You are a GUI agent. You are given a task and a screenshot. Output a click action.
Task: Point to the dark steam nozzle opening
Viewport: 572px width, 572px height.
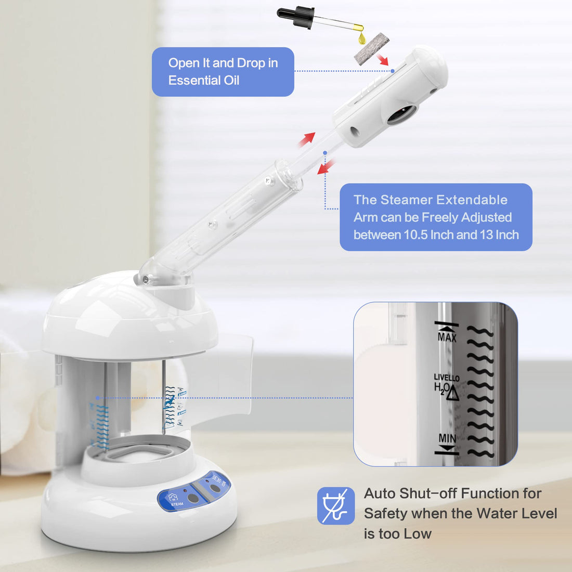click(402, 114)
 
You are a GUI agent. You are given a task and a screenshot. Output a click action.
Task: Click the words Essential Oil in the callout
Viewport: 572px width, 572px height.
click(204, 81)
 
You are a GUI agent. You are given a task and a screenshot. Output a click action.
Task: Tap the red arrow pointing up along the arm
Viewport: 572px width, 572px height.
click(307, 139)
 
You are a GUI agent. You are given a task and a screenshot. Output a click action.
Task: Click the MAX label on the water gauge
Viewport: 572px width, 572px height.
click(447, 337)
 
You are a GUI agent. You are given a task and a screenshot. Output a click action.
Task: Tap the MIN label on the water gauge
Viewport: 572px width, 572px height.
click(447, 438)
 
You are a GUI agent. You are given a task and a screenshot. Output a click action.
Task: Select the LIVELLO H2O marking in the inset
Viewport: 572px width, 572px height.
click(446, 384)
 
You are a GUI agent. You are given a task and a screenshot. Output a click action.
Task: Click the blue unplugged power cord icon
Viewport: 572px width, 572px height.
click(336, 505)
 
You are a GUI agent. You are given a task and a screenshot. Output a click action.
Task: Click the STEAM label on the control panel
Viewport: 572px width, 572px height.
click(177, 504)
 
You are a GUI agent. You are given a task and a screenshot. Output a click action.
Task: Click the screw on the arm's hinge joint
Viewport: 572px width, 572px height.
click(146, 280)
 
